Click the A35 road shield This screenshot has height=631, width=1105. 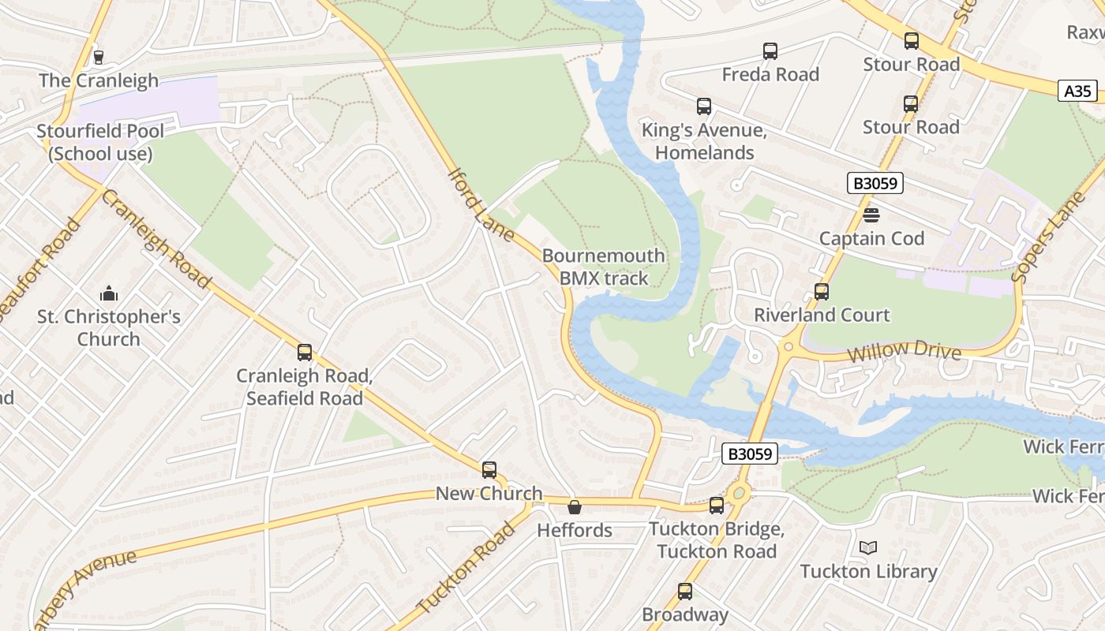(x=1077, y=91)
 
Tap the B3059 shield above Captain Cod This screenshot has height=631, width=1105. (x=875, y=183)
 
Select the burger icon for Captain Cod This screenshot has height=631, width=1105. (x=871, y=215)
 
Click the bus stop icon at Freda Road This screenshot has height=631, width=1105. (x=770, y=51)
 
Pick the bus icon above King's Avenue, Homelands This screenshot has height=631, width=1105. (x=703, y=106)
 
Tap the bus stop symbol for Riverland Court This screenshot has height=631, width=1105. (x=822, y=292)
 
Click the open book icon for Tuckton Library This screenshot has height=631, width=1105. (x=867, y=547)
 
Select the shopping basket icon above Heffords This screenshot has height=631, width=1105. (x=575, y=507)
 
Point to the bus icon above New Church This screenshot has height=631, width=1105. (x=489, y=470)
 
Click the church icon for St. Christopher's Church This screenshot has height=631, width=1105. (x=109, y=294)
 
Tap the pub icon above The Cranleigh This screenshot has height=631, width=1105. (x=99, y=57)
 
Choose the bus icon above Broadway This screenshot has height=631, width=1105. (x=685, y=592)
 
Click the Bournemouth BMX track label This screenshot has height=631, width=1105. (x=603, y=267)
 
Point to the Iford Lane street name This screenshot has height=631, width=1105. (x=481, y=203)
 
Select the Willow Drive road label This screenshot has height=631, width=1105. (x=905, y=350)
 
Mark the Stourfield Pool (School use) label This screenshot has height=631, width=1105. (x=100, y=142)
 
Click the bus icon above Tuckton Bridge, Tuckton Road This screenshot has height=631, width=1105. (x=717, y=506)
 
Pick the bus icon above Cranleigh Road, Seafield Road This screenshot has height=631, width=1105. (x=305, y=353)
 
